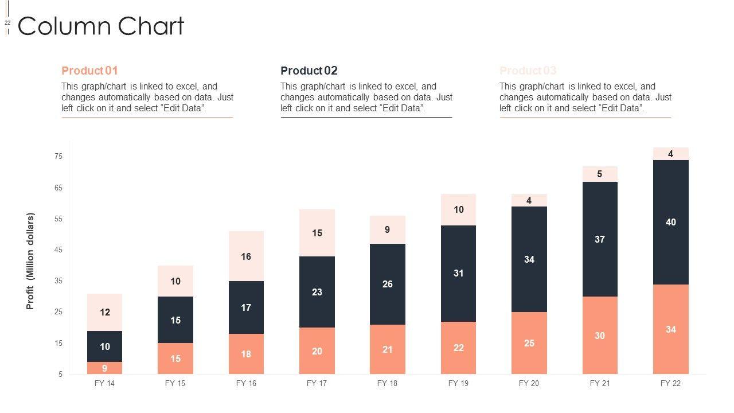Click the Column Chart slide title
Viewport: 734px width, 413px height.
click(x=101, y=26)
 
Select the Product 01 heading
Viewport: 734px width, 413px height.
click(x=89, y=71)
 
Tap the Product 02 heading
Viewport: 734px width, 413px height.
click(x=309, y=71)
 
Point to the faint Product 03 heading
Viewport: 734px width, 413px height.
click(x=528, y=71)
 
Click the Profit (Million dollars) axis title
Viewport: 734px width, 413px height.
click(x=30, y=261)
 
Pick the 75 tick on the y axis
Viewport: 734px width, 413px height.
click(x=58, y=157)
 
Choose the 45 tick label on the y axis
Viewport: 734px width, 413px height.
click(x=58, y=250)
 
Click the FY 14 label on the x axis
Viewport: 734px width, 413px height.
click(x=104, y=383)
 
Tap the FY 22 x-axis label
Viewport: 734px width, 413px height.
click(x=670, y=383)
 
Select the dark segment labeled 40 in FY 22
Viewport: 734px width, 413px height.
click(x=671, y=222)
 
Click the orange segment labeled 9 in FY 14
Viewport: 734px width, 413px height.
click(x=104, y=368)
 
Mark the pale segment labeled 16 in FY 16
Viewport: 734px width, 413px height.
click(x=246, y=256)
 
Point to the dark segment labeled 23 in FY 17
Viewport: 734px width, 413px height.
click(x=317, y=292)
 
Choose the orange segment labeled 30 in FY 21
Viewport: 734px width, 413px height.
click(x=600, y=336)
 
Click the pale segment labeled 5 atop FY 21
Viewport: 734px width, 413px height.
click(x=600, y=174)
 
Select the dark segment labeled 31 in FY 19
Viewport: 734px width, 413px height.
click(x=458, y=273)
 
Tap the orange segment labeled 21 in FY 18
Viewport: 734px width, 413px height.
click(x=388, y=349)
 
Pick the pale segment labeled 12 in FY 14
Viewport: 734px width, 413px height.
click(x=104, y=313)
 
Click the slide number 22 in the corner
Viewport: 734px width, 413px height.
click(x=7, y=23)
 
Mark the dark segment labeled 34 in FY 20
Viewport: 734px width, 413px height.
click(x=529, y=259)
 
